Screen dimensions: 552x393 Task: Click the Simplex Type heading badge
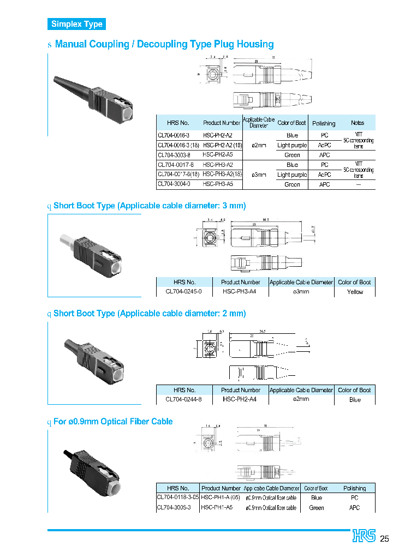click(x=76, y=24)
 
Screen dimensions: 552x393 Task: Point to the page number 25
click(x=384, y=538)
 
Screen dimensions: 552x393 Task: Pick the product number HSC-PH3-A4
click(x=240, y=292)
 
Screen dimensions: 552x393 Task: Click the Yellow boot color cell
click(x=355, y=292)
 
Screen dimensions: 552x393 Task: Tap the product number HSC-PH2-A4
click(x=240, y=399)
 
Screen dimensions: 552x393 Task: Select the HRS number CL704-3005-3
click(x=174, y=507)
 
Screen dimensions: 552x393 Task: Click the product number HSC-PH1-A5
click(x=217, y=507)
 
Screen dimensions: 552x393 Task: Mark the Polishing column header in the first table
click(x=324, y=123)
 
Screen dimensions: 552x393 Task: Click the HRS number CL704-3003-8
click(x=174, y=155)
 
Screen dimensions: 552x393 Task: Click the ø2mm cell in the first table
click(x=258, y=145)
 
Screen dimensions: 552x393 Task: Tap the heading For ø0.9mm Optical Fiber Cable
click(x=112, y=422)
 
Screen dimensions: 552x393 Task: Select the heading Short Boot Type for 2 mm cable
click(x=149, y=314)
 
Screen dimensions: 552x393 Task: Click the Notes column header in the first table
click(x=358, y=123)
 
